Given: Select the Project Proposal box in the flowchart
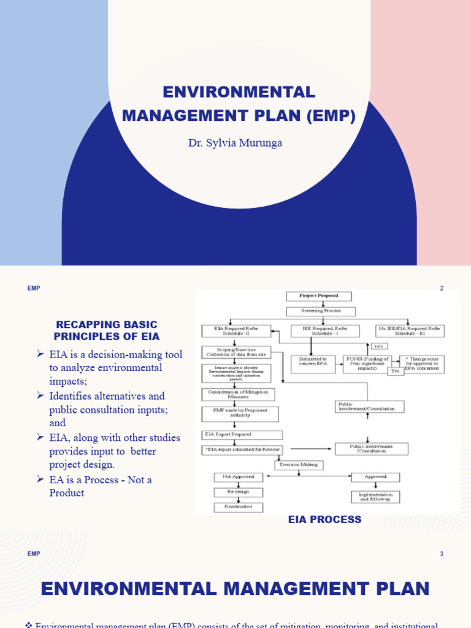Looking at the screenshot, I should [319, 296].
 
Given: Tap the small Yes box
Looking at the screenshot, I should [396, 371].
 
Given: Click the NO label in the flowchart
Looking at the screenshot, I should [378, 346].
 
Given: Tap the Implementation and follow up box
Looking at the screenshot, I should [376, 496].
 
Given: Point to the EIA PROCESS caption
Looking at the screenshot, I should [324, 519].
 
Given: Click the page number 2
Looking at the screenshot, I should [441, 288].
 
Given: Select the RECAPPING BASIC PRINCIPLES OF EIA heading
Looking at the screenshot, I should [107, 331].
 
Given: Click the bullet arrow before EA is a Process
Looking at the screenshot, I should [40, 479].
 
